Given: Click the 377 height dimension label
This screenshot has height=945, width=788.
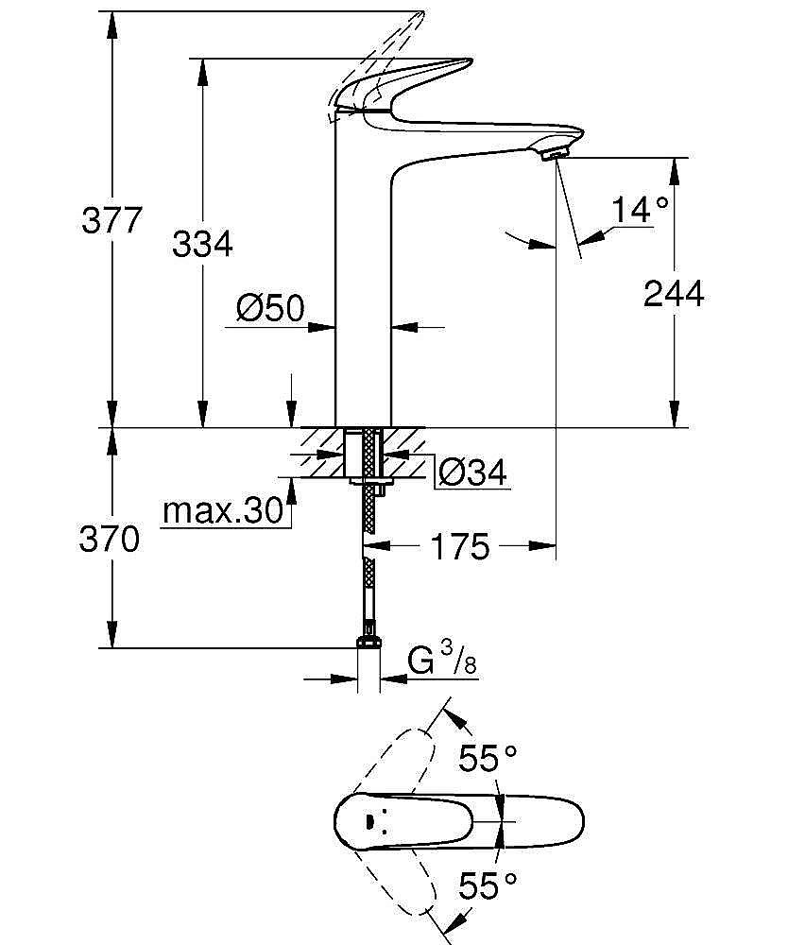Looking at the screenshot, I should (x=111, y=220).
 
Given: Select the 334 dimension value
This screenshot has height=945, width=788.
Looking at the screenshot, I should (x=201, y=244).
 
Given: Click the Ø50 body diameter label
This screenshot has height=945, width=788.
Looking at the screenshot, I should (x=269, y=308).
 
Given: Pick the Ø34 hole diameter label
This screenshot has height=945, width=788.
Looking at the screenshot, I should (x=473, y=471).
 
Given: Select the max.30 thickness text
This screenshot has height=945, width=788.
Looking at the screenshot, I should (x=223, y=511).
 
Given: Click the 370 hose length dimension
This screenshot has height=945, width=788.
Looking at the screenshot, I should (x=111, y=540).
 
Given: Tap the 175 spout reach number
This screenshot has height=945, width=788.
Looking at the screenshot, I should (x=460, y=546).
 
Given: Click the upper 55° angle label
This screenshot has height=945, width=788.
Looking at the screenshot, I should (x=488, y=757).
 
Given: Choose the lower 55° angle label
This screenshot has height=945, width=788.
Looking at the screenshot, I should (x=488, y=885).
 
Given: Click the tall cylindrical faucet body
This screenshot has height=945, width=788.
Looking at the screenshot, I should (x=364, y=283).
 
